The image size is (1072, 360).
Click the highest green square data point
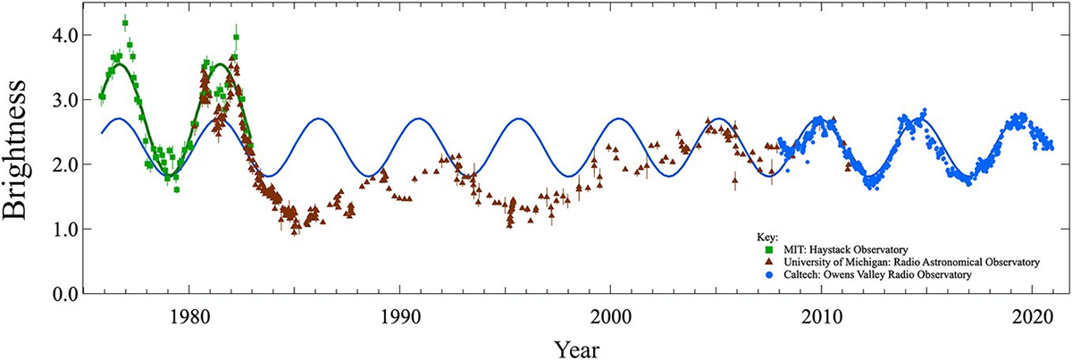(x=125, y=23)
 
